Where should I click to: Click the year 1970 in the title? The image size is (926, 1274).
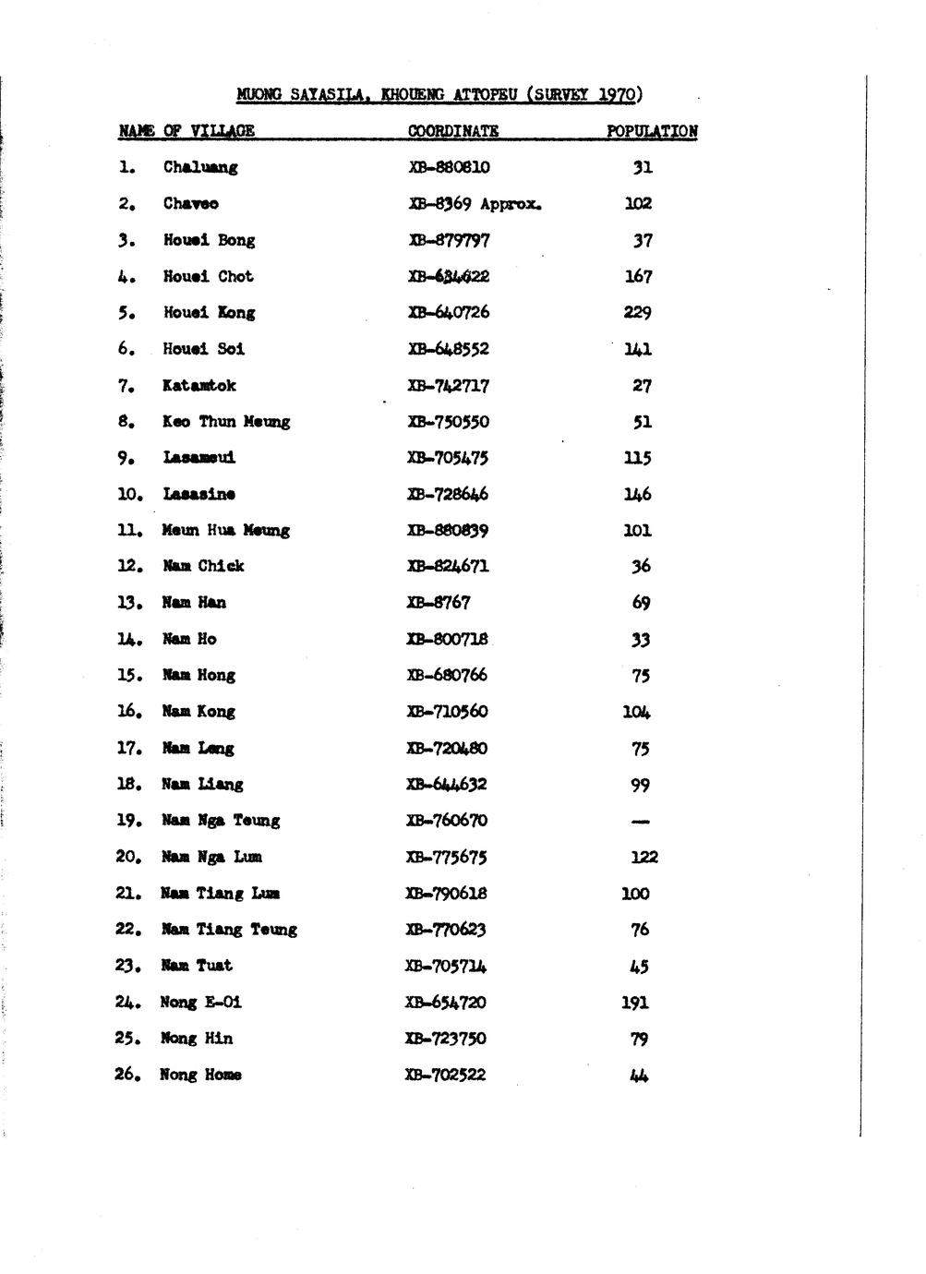pos(616,94)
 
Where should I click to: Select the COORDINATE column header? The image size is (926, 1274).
pos(453,131)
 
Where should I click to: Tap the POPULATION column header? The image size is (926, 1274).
pos(652,131)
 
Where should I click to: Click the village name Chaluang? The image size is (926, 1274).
pos(200,167)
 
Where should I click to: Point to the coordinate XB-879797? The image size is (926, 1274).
pos(449,240)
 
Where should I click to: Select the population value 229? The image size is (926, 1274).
pos(638,312)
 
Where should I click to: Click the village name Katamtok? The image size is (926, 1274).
pos(199,385)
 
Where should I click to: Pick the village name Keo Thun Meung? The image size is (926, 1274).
pos(226,422)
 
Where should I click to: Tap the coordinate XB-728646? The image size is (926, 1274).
pos(449,494)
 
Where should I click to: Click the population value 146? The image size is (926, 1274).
pos(638,494)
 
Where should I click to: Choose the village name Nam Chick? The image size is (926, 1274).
pos(203,566)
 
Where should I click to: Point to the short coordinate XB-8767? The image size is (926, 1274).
pos(439,603)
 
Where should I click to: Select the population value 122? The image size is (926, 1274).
pos(643,857)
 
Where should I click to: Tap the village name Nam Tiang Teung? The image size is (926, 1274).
pos(229,930)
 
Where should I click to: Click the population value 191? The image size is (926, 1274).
pos(635,1003)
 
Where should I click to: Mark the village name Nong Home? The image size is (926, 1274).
pos(200,1075)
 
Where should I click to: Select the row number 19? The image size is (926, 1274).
pos(127,821)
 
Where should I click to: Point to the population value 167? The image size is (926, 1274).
pos(638,276)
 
